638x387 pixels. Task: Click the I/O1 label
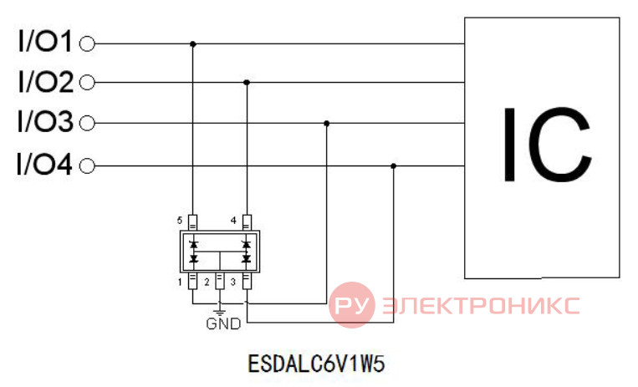pos(45,41)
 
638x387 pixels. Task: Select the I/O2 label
pos(45,81)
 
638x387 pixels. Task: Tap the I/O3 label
pos(45,121)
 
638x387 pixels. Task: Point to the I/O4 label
pos(44,164)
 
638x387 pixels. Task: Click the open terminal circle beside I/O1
pos(87,43)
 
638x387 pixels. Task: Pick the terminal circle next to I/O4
pos(87,166)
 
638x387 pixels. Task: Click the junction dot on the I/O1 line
pos(193,43)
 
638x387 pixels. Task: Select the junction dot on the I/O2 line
pos(247,83)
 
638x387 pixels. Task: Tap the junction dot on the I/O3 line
pos(326,124)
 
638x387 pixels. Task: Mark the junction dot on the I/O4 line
pos(394,166)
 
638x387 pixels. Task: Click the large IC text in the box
pos(547,144)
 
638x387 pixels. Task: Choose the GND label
pos(223,324)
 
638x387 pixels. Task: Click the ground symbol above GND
pos(220,313)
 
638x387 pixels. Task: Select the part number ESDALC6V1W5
pos(316,364)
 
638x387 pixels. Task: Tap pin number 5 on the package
pos(180,221)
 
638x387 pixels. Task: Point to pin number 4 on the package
pos(233,221)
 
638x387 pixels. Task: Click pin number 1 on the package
pos(180,282)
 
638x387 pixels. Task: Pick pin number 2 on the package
pos(207,282)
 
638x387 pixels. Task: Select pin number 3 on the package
pos(233,282)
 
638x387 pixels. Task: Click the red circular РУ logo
pos(352,305)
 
